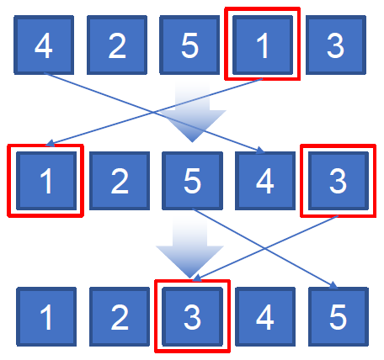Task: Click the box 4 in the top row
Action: (44, 45)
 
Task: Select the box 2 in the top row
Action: (117, 45)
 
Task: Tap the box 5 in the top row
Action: (189, 45)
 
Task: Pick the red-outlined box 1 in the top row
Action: (263, 44)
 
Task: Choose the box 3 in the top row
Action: (336, 45)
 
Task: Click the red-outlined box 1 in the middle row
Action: (45, 181)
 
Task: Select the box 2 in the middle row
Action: (120, 181)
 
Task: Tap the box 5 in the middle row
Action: (192, 181)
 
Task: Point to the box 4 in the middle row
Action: (265, 181)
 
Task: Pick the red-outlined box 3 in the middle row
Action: (339, 181)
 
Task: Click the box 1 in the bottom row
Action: (46, 316)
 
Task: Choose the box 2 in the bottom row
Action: (120, 316)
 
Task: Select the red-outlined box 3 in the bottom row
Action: (192, 316)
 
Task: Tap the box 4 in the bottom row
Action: (265, 316)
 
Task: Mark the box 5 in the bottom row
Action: (339, 316)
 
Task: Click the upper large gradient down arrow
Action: (192, 112)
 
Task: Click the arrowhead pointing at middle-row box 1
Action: (50, 143)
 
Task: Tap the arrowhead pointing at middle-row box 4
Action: (260, 151)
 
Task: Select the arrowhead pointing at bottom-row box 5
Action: (333, 285)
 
